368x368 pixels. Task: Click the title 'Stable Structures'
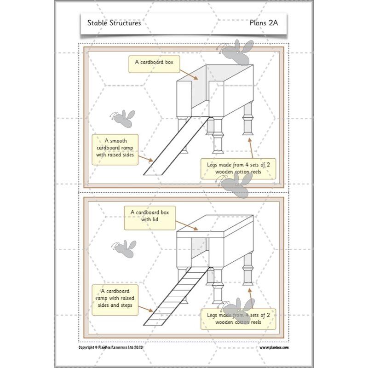pyautogui.click(x=114, y=23)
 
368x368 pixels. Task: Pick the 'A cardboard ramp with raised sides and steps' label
pyautogui.click(x=115, y=299)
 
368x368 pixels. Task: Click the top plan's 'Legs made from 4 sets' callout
pyautogui.click(x=238, y=169)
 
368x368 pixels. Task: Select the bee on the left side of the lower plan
pyautogui.click(x=125, y=249)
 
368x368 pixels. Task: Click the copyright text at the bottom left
pyautogui.click(x=112, y=348)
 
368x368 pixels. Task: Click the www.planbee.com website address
pyautogui.click(x=274, y=348)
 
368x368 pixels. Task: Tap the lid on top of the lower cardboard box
pyautogui.click(x=216, y=224)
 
